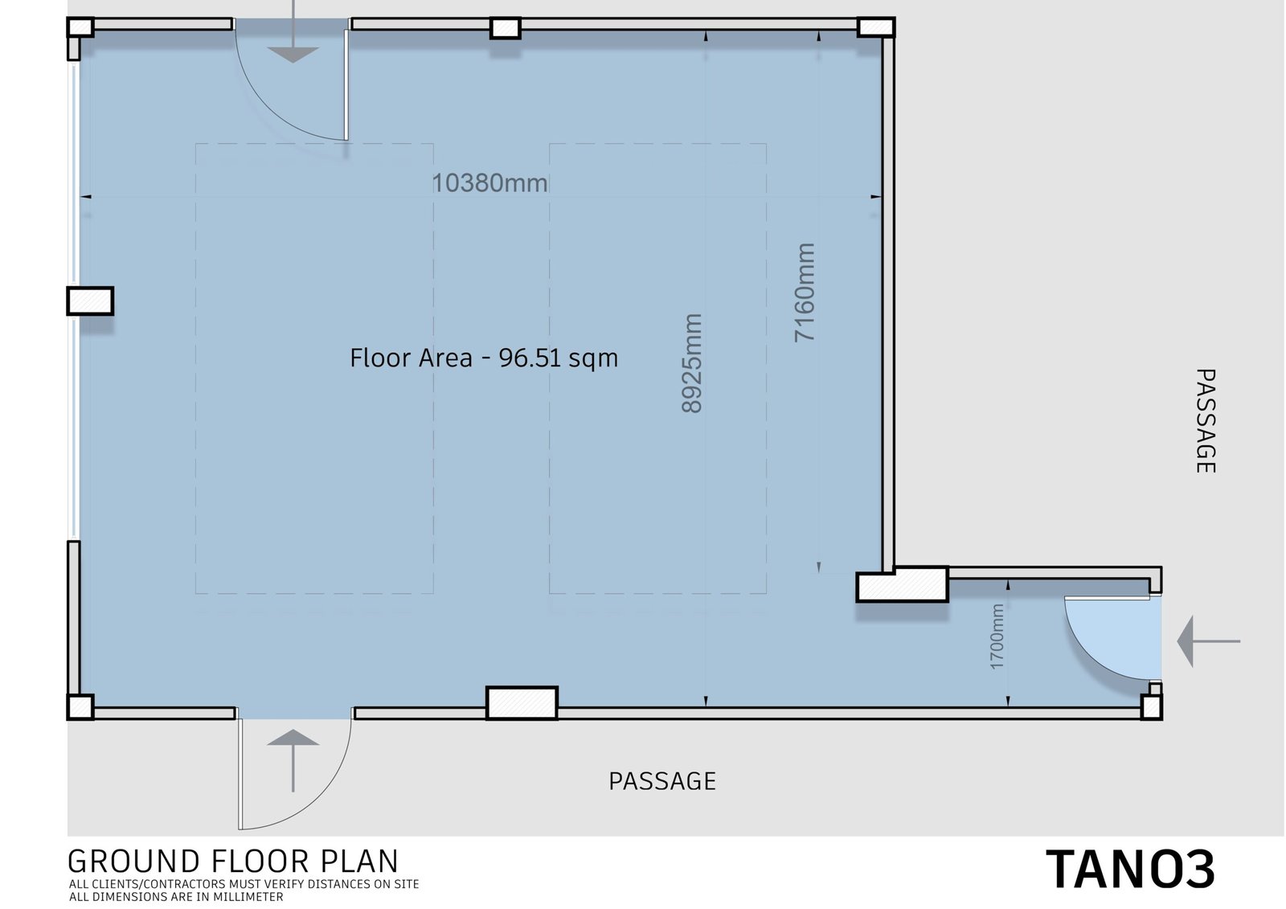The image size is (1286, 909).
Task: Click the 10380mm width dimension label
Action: click(489, 183)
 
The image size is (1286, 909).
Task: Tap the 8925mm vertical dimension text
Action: click(692, 363)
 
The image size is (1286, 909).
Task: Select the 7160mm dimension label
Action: click(805, 293)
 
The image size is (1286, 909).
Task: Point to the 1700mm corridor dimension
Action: click(997, 637)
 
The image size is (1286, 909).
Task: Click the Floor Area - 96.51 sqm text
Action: click(484, 358)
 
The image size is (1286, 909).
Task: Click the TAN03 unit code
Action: click(1130, 870)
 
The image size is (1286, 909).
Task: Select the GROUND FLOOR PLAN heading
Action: click(233, 862)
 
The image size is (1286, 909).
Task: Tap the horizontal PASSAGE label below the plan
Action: click(662, 781)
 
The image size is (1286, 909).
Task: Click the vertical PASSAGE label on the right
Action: click(1205, 421)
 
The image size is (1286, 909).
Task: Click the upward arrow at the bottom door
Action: click(293, 761)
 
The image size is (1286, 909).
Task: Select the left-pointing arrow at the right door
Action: click(1209, 641)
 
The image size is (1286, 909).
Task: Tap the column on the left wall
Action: click(90, 301)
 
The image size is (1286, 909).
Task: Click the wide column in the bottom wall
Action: click(522, 703)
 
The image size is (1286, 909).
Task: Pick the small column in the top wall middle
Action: click(506, 28)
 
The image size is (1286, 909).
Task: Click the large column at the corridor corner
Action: click(902, 584)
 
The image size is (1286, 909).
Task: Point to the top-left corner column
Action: click(80, 27)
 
